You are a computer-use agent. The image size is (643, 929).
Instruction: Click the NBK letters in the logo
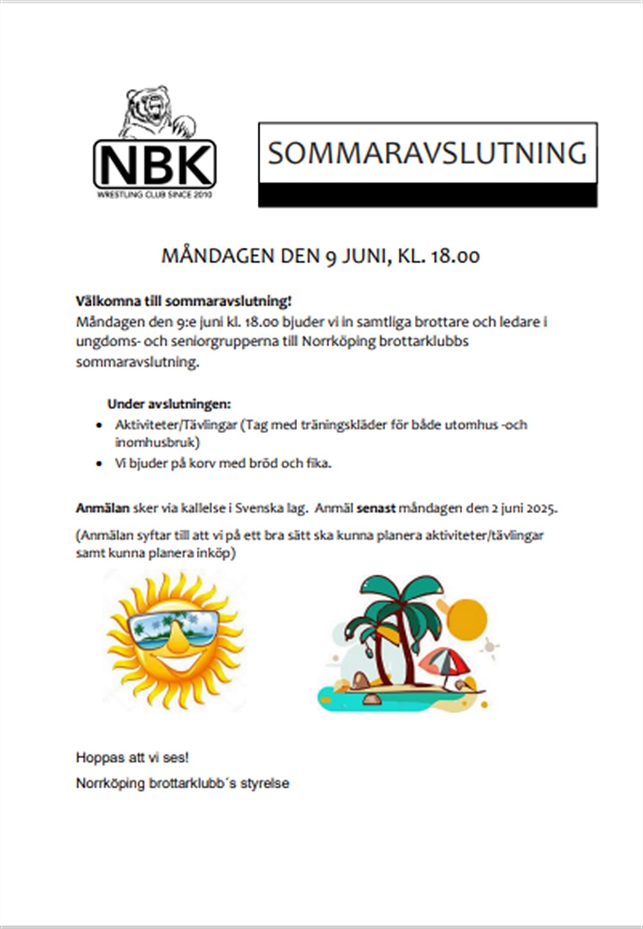click(x=154, y=165)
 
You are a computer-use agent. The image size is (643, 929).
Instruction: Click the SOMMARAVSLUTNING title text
click(x=428, y=153)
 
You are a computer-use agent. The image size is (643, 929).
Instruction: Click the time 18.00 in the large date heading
click(x=455, y=256)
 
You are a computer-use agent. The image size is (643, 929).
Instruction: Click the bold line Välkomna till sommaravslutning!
click(x=184, y=301)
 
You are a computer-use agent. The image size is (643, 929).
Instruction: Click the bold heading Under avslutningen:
click(x=169, y=404)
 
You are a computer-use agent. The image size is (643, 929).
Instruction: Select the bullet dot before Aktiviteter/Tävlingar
click(x=98, y=425)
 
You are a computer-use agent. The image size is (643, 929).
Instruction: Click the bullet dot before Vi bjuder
click(x=98, y=463)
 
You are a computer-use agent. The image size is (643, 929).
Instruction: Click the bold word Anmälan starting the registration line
click(x=103, y=508)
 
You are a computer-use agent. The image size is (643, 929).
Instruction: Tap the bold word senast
click(x=376, y=508)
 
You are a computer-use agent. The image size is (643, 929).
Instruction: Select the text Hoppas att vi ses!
click(x=132, y=757)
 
